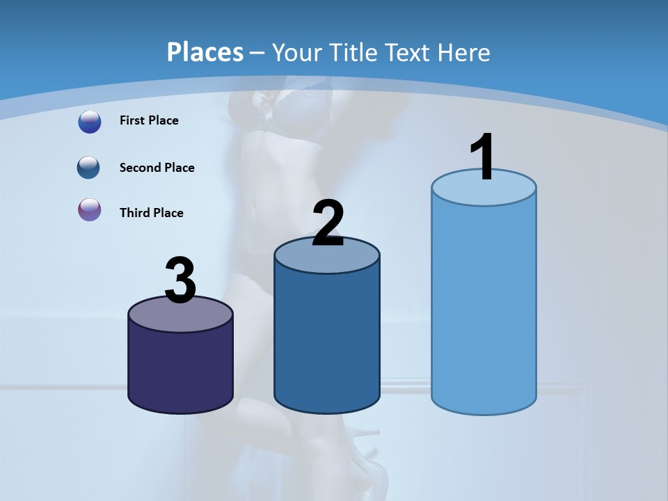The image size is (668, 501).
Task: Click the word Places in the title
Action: point(205,52)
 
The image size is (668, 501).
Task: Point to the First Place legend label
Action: point(149,120)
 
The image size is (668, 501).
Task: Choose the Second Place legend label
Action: point(157,168)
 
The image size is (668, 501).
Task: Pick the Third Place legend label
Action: point(151,213)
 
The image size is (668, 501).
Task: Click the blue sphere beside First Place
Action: point(90,122)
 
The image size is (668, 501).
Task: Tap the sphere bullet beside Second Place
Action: point(89,168)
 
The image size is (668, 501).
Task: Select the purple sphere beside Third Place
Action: point(89,209)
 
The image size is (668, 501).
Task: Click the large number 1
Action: point(482,157)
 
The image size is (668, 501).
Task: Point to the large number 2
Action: point(328,223)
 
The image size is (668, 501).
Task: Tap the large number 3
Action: point(180,280)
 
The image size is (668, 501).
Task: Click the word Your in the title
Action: point(297,52)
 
